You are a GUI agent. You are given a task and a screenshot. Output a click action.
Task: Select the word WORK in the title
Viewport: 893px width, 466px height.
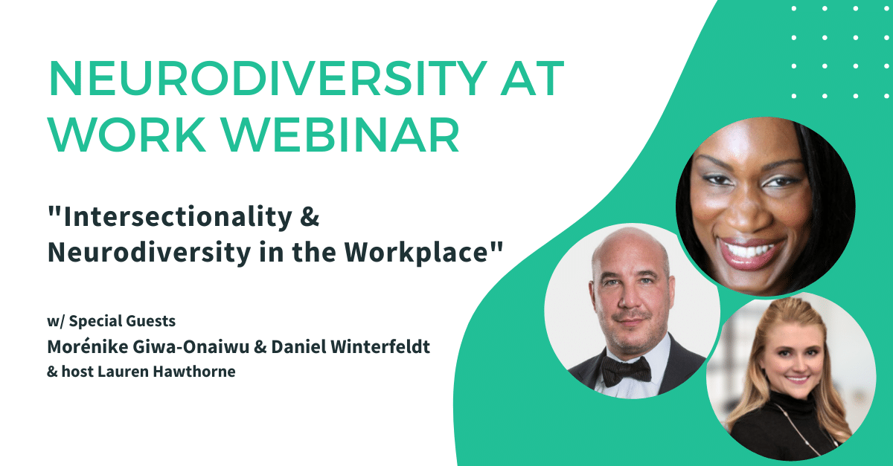coord(127,135)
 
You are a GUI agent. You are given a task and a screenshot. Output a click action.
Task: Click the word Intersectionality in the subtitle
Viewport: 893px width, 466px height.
coord(178,217)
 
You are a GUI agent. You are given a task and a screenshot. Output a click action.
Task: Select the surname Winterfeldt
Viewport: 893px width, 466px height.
coord(380,346)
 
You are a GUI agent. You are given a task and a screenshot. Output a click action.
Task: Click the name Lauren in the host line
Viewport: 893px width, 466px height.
coord(124,372)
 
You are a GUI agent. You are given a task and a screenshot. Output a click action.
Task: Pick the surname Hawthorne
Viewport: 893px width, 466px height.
coord(194,372)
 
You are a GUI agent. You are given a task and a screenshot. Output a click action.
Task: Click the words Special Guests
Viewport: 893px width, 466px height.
coord(122,321)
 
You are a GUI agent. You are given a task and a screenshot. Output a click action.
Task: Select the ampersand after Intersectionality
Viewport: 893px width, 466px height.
coord(310,217)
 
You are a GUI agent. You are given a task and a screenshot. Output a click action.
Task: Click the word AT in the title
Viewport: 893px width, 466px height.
coord(533,79)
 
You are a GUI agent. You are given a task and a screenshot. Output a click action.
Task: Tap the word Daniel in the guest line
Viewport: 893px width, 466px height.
coord(298,346)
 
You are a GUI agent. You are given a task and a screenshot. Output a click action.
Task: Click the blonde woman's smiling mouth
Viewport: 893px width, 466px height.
coord(796,379)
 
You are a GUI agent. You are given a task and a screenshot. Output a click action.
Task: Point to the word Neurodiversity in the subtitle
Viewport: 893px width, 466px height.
coord(149,253)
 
